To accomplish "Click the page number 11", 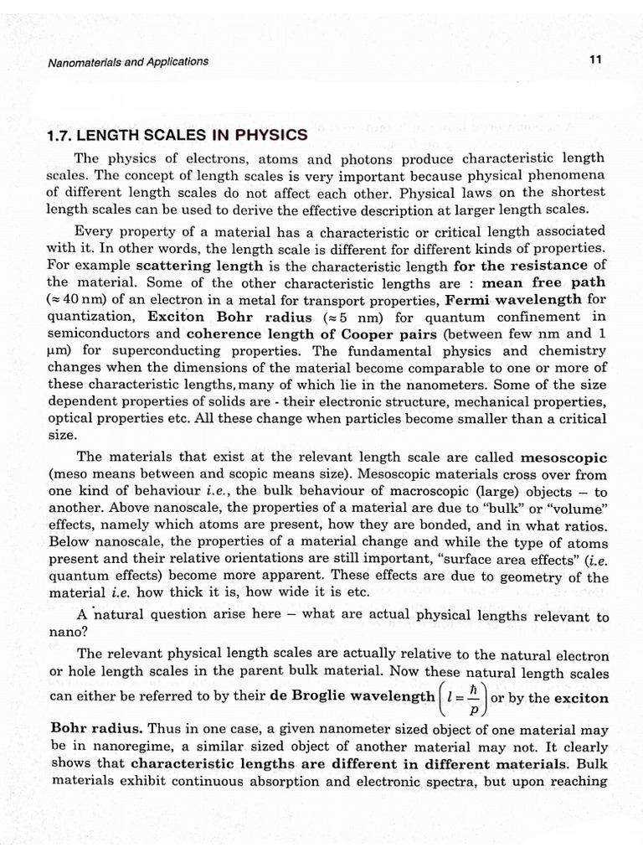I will click(595, 60).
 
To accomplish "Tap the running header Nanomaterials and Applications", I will click(127, 61).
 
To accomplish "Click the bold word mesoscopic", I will click(564, 458).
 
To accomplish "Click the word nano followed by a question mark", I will click(63, 633).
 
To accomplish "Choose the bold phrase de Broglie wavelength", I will click(348, 696).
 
